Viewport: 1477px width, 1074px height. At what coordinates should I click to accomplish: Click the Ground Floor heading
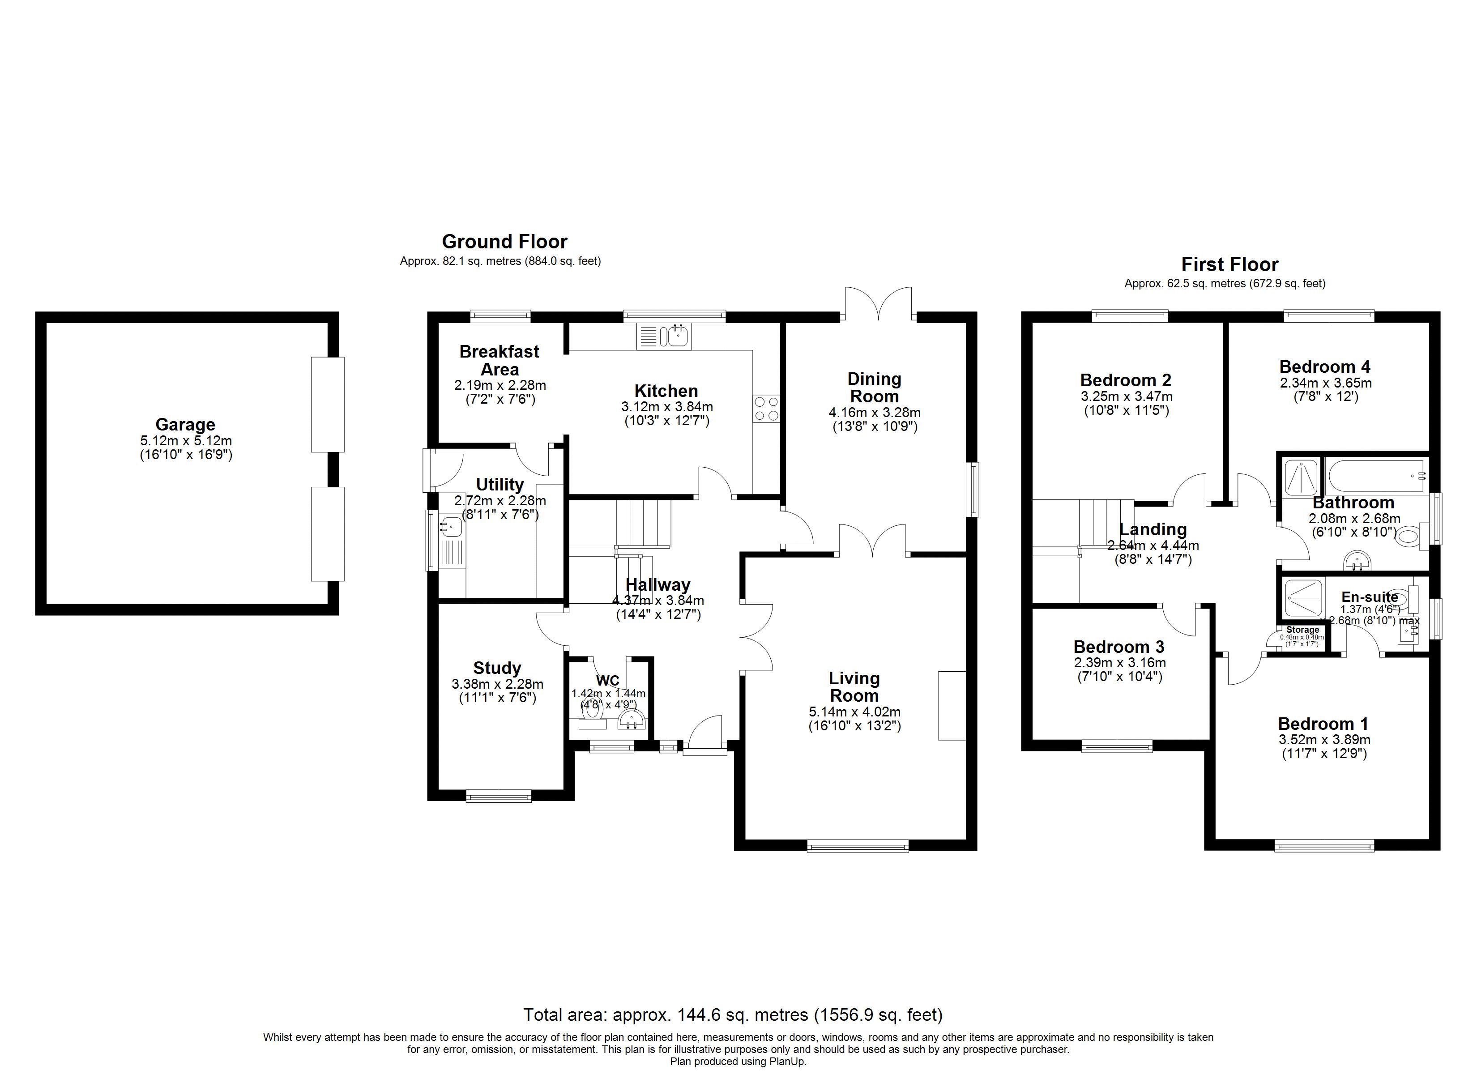pos(505,242)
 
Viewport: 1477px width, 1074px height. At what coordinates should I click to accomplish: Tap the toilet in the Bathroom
pos(1407,537)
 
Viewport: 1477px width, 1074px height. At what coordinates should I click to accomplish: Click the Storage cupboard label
pos(1302,630)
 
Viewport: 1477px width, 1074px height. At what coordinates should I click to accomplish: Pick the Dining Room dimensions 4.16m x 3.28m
pos(875,412)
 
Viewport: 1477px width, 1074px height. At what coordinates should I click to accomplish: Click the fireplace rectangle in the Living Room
pos(952,705)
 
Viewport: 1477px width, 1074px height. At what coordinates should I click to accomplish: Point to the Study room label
pos(497,668)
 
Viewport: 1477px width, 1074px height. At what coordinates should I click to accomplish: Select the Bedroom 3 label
pos(1119,647)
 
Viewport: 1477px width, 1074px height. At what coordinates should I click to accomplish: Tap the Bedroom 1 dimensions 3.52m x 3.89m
pos(1324,740)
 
